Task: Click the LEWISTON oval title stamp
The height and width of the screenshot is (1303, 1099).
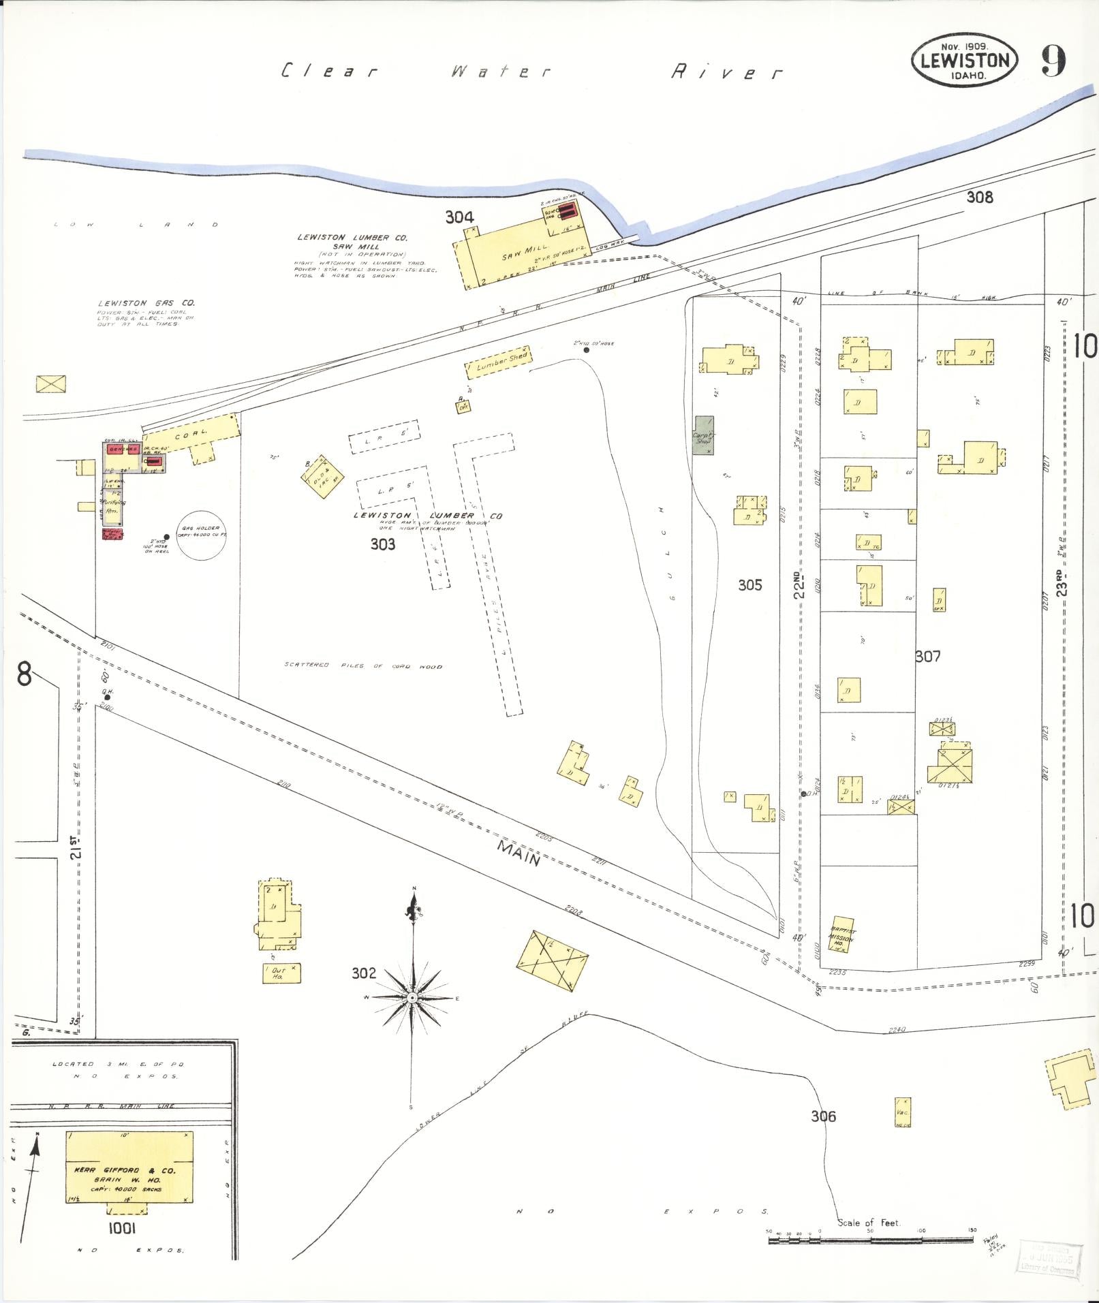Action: tap(965, 60)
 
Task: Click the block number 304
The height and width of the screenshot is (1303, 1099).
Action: tap(459, 217)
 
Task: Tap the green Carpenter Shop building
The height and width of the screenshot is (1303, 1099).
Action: tap(704, 435)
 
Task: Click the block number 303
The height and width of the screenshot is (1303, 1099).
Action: tap(383, 544)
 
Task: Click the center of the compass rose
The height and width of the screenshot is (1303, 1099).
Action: tap(412, 998)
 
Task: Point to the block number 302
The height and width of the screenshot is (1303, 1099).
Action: tap(364, 973)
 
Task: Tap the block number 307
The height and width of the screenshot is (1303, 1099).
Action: tap(928, 656)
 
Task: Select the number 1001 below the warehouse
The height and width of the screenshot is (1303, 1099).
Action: tap(122, 1227)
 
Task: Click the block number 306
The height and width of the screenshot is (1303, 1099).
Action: tap(823, 1116)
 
